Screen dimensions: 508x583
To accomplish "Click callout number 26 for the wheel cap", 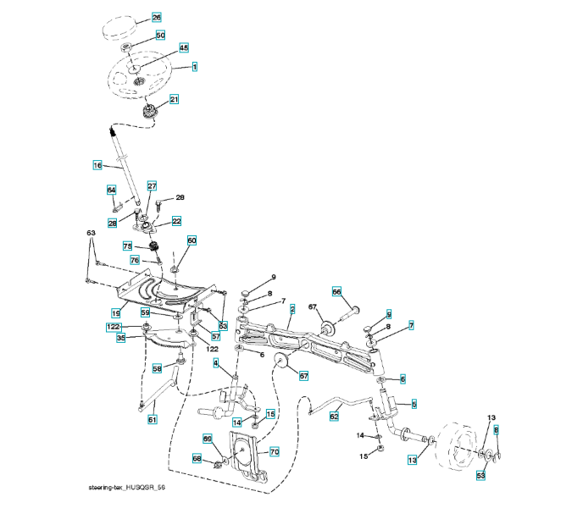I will click(156, 17).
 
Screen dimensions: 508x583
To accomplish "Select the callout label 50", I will click(160, 35).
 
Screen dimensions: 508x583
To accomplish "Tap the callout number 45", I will click(183, 48).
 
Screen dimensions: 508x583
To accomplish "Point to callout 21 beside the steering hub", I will click(174, 100).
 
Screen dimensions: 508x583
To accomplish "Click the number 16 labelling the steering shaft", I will click(97, 165).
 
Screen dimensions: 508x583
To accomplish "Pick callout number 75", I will click(130, 246).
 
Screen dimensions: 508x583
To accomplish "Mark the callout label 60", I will click(192, 241).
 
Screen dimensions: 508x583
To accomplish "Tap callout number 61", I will click(153, 419).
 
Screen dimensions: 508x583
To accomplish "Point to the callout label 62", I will click(334, 417).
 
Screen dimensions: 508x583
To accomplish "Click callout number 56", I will click(336, 291).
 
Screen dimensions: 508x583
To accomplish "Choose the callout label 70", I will click(274, 452).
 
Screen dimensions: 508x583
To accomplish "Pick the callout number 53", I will click(480, 477).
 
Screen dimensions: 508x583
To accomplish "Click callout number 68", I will click(197, 459).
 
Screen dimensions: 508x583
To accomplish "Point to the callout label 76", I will click(135, 260).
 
